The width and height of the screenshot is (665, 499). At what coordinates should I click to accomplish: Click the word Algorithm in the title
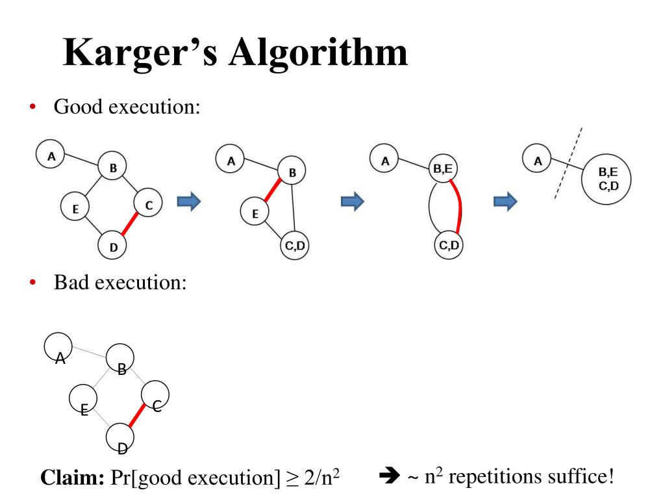click(x=318, y=54)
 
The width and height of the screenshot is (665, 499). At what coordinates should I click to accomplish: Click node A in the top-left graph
click(x=52, y=155)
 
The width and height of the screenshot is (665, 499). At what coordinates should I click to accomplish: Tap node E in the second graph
click(x=255, y=212)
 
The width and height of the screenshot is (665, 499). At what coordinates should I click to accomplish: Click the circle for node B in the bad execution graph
click(x=120, y=357)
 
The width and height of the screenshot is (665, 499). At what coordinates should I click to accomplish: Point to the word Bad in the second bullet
click(x=69, y=283)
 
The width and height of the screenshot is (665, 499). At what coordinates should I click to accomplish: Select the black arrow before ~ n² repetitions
click(x=390, y=478)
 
